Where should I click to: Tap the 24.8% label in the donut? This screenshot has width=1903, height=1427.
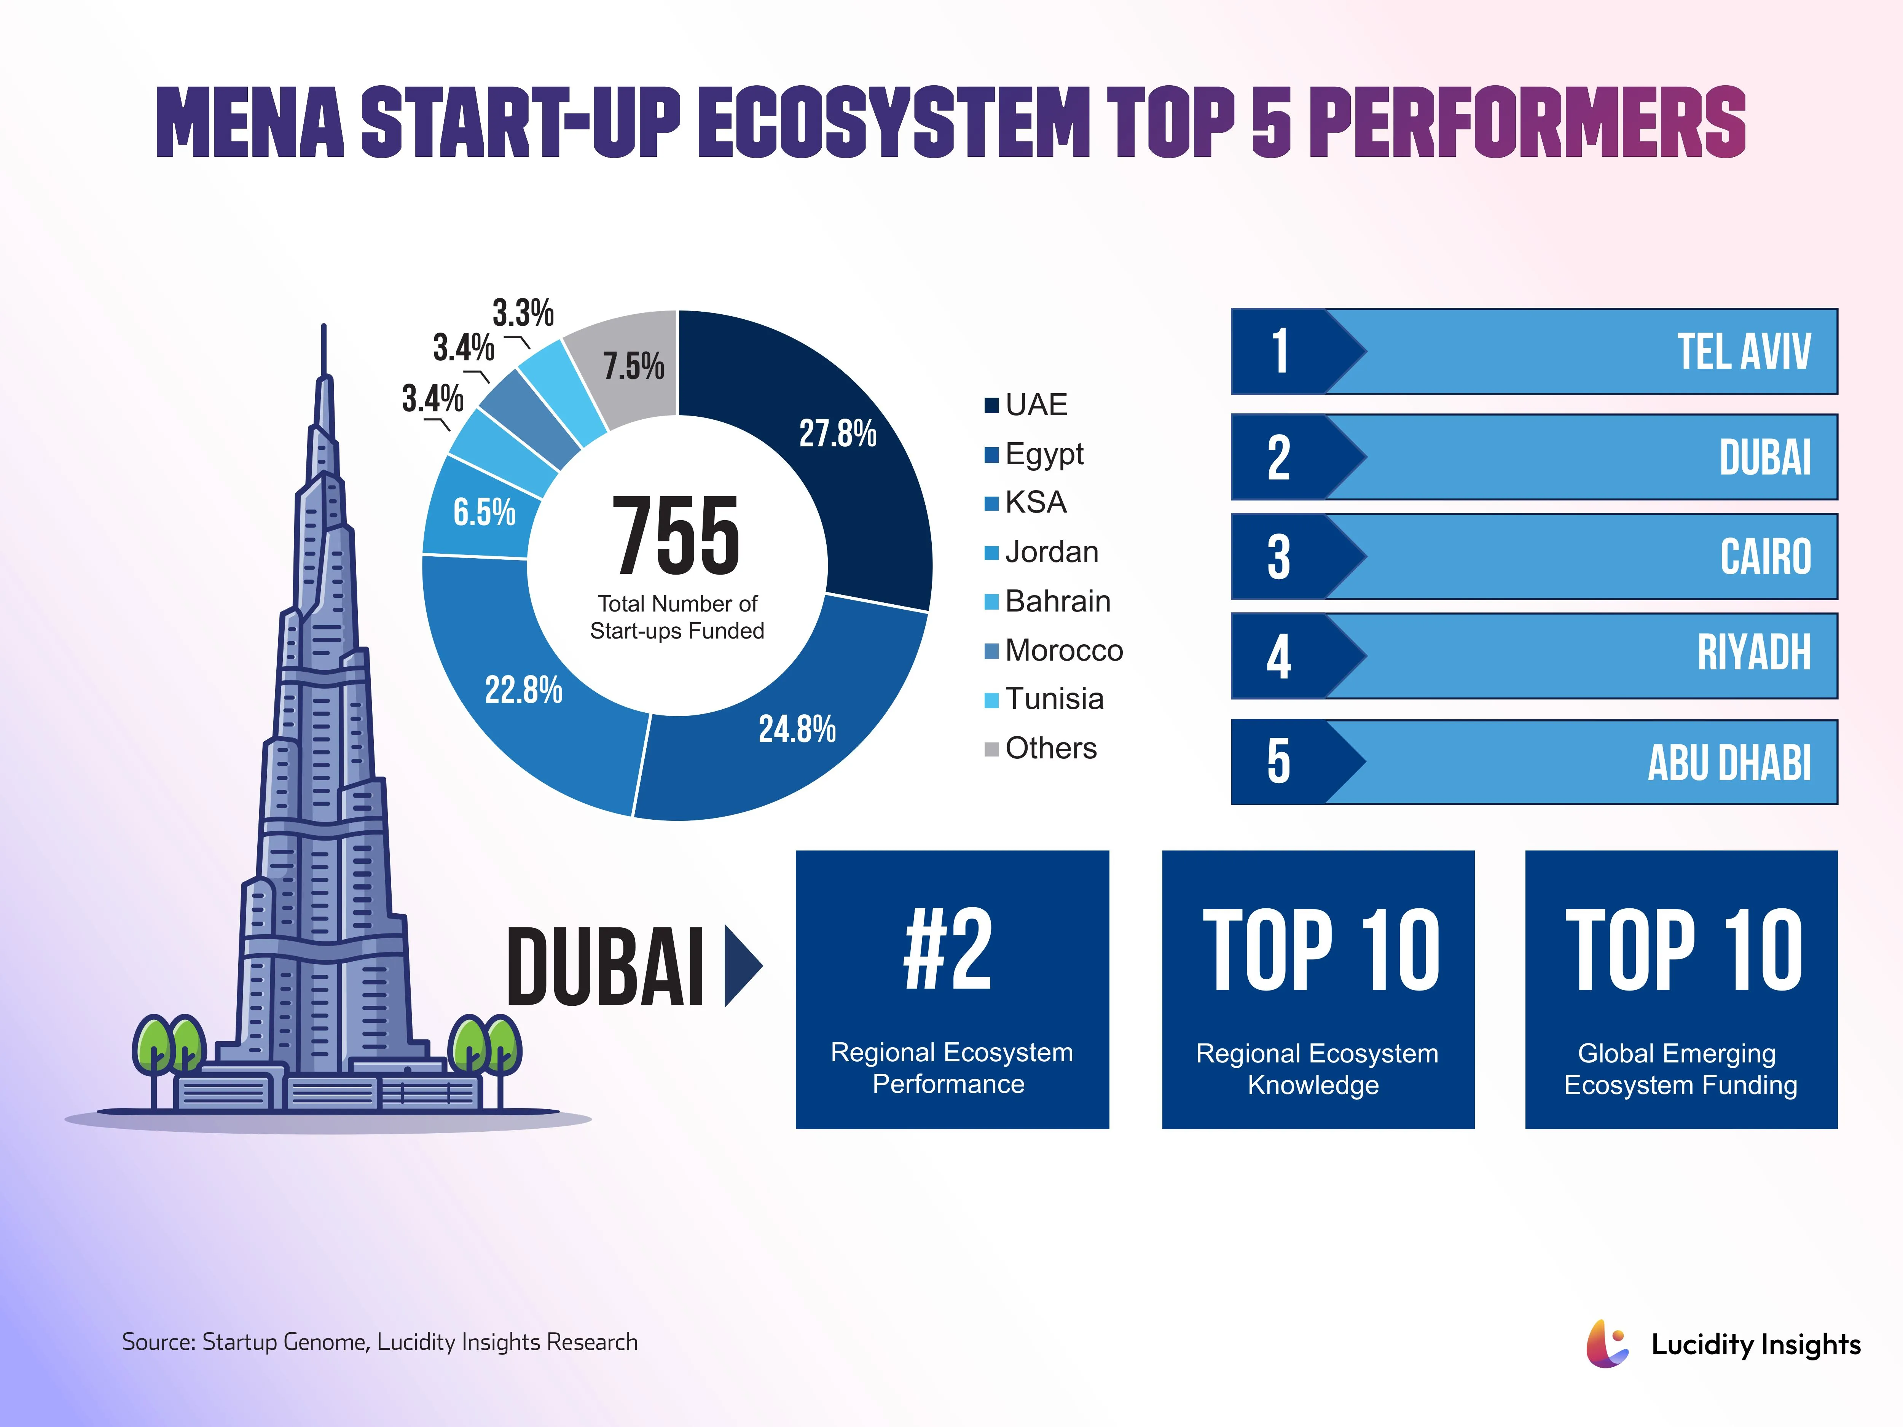797,729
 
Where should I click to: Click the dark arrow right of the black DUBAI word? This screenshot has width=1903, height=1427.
741,965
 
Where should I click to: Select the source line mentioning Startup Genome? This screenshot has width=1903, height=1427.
379,1342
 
